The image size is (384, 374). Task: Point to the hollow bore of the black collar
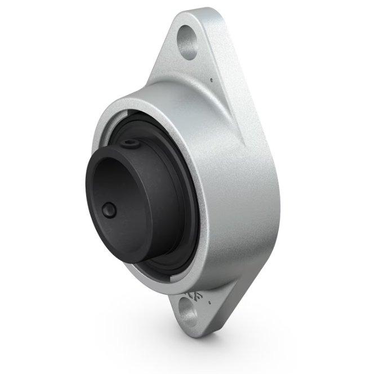tap(115, 186)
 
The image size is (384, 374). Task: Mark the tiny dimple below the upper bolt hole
tap(211, 80)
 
